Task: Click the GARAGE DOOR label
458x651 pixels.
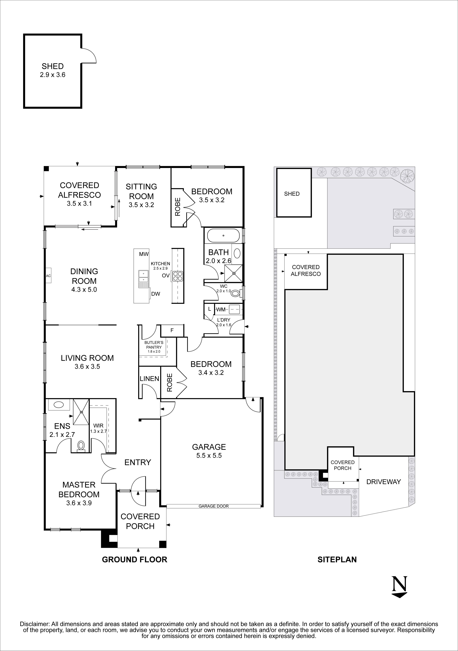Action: click(x=213, y=506)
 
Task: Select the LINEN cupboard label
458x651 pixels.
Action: click(x=149, y=379)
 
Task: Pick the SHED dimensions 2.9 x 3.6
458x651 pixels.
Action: click(x=53, y=75)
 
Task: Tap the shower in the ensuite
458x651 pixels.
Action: click(x=81, y=412)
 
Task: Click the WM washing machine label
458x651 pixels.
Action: click(x=221, y=310)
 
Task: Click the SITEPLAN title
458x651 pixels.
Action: click(x=337, y=559)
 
